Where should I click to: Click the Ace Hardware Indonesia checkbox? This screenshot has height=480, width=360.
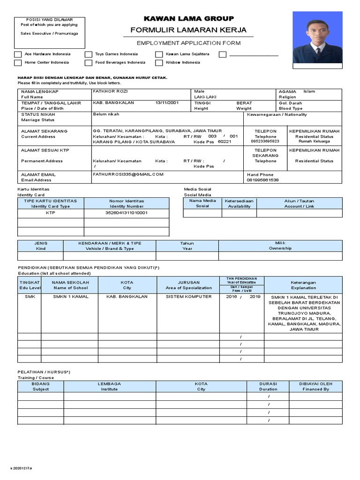tap(18, 54)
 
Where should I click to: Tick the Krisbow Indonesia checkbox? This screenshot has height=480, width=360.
tap(159, 62)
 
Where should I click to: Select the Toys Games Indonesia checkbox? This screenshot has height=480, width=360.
tap(89, 54)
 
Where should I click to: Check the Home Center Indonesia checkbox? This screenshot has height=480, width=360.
tap(18, 62)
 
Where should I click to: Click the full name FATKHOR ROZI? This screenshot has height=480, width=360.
tap(110, 91)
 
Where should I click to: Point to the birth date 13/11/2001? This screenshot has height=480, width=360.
tap(167, 103)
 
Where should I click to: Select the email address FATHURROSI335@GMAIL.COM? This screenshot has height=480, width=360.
tap(128, 174)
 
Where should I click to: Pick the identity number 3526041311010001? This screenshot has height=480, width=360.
tap(127, 213)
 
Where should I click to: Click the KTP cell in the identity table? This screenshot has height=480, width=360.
tap(51, 213)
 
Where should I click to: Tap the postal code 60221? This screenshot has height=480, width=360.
tap(225, 142)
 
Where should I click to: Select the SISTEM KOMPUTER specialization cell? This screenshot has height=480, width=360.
tap(188, 297)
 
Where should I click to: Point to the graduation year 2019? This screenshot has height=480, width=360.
tap(255, 297)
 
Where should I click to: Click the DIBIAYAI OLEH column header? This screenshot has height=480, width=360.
tap(315, 386)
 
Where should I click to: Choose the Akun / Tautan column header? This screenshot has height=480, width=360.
tap(299, 203)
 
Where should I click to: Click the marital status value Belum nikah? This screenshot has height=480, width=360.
tap(106, 114)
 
